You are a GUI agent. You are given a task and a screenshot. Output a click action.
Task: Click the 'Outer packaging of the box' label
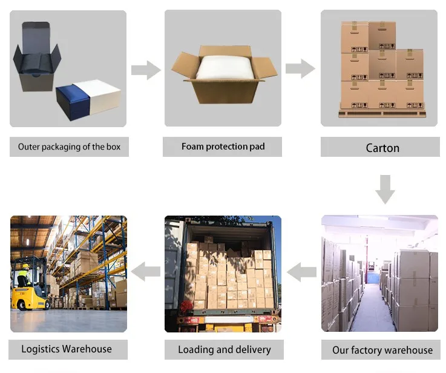69,147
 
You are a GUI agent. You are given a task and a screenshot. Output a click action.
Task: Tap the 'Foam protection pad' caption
223,147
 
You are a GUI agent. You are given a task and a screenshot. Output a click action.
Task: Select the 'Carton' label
382,148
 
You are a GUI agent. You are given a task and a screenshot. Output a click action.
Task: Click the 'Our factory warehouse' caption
382,350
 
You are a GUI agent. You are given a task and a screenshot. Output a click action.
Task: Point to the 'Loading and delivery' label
224,349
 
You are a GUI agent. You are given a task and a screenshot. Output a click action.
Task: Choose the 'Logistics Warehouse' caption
67,349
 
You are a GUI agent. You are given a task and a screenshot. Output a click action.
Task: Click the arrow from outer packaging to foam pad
146,70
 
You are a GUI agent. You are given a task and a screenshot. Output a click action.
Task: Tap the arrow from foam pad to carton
300,68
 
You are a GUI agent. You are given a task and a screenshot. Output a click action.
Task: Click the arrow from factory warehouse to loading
301,273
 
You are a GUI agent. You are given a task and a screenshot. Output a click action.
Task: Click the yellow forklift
30,294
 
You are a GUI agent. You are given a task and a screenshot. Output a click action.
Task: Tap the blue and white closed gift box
90,99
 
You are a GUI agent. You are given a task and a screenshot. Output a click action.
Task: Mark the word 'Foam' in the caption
192,147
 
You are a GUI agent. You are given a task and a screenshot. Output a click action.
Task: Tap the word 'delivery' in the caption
252,349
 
